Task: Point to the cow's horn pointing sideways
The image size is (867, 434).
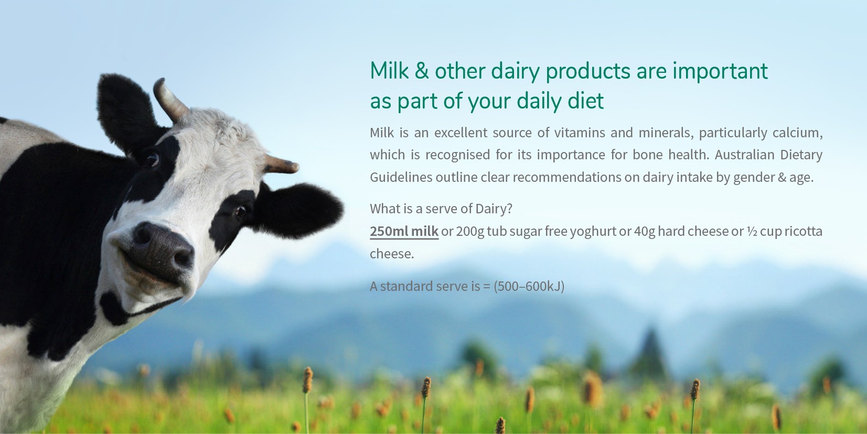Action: pyautogui.click(x=281, y=165)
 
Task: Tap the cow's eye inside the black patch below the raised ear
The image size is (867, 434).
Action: pyautogui.click(x=152, y=159)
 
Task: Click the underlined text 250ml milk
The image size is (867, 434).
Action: pyautogui.click(x=404, y=231)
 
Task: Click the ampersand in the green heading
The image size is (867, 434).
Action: pyautogui.click(x=422, y=71)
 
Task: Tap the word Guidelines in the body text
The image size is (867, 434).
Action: pyautogui.click(x=401, y=177)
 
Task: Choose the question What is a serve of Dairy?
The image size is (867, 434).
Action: pyautogui.click(x=441, y=209)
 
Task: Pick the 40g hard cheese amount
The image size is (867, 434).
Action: pyautogui.click(x=645, y=231)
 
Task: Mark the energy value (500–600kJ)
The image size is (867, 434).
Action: pyautogui.click(x=529, y=286)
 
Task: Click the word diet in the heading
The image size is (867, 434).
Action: pyautogui.click(x=586, y=101)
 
